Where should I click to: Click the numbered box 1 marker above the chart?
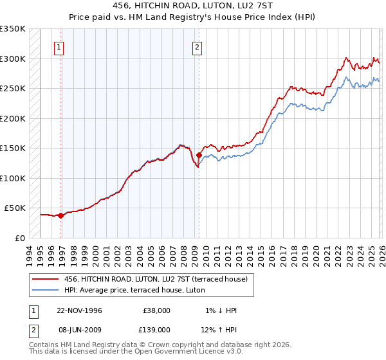[x=59, y=46]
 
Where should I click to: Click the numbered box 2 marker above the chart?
[x=196, y=46]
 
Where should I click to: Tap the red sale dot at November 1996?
[x=61, y=216]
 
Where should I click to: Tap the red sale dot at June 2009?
[x=199, y=155]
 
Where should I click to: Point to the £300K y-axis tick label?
[x=13, y=59]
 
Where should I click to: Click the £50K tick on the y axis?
[x=15, y=208]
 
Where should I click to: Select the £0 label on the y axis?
[x=19, y=238]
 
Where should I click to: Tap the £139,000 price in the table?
[x=157, y=328]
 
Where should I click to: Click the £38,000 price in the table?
[x=157, y=310]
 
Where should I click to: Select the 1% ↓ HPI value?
[x=221, y=310]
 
